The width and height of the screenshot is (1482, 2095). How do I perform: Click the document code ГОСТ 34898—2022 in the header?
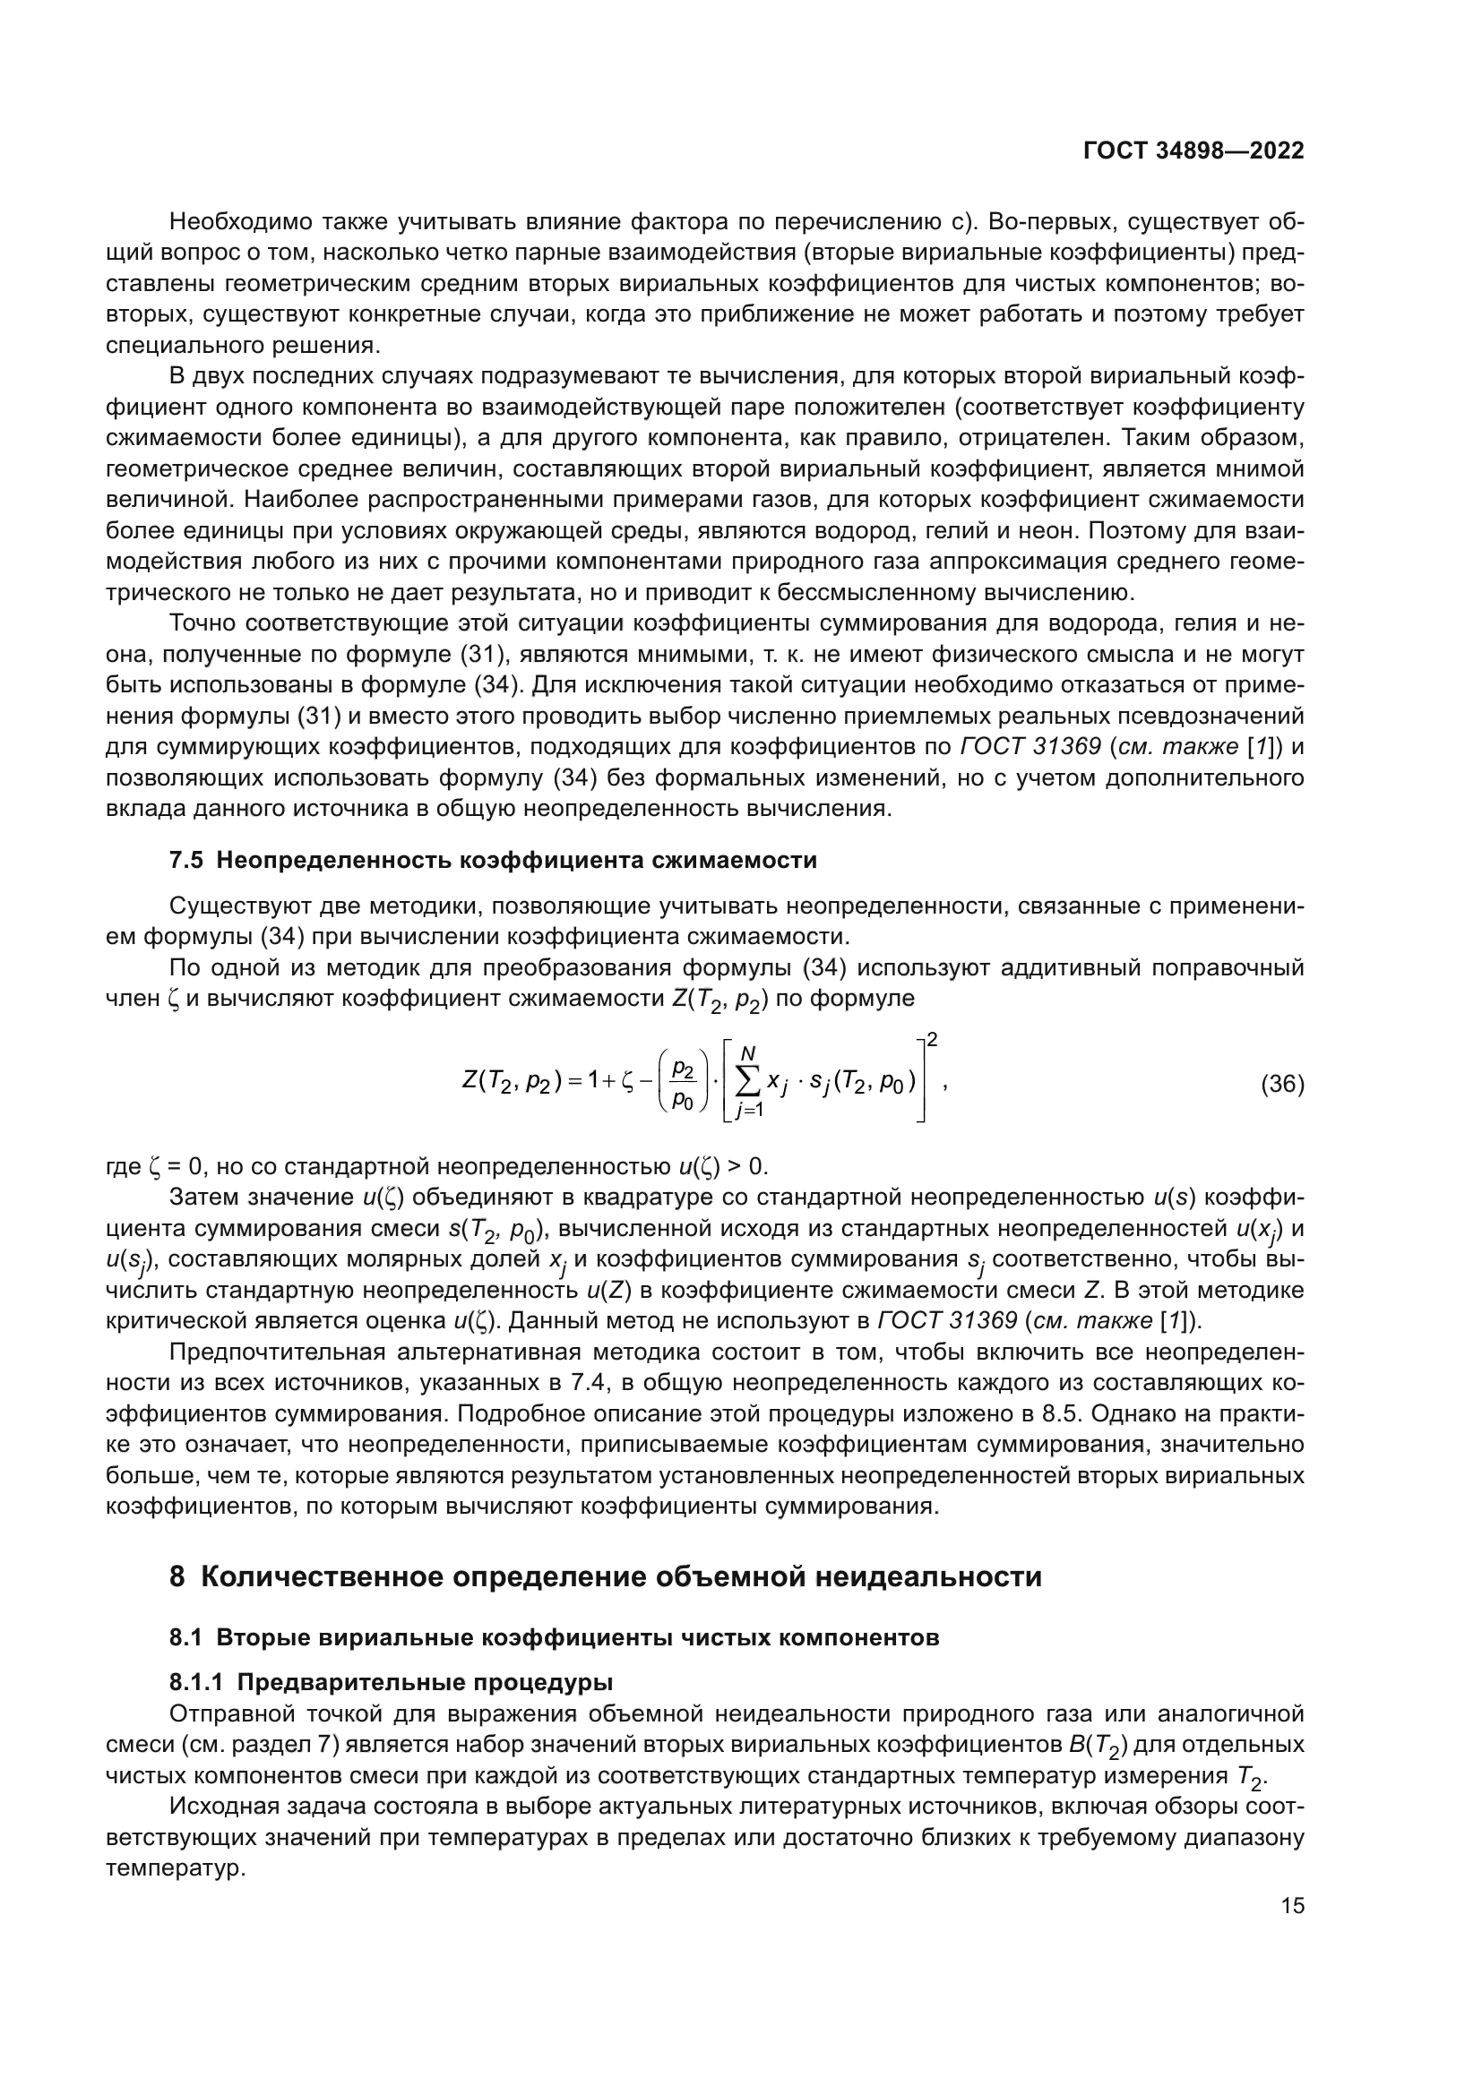point(1193,151)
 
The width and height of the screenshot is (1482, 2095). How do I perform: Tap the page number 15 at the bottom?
point(1292,1906)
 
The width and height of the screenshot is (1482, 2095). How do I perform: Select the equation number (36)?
point(1282,1084)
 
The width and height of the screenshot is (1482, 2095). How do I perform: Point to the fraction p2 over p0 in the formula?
point(683,1084)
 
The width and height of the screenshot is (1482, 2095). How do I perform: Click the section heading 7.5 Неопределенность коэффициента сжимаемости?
point(493,861)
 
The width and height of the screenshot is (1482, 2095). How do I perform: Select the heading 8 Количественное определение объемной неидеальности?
point(605,1576)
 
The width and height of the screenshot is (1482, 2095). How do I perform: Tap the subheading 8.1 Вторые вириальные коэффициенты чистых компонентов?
point(554,1638)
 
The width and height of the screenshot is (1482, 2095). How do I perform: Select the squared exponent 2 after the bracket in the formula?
point(932,1039)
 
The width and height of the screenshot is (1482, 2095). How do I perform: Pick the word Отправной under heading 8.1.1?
point(219,1713)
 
